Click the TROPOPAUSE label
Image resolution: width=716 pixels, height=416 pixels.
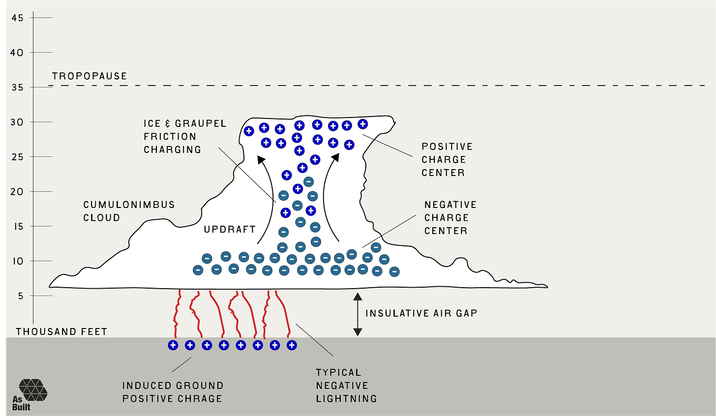89,76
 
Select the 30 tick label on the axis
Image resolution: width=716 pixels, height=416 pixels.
17,122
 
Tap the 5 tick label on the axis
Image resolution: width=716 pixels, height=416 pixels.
21,296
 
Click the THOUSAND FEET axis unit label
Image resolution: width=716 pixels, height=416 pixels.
61,332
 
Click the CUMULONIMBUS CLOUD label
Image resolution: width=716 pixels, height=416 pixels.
129,211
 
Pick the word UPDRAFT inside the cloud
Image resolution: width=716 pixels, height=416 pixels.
230,229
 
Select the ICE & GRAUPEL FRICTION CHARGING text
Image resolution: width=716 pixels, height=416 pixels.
185,137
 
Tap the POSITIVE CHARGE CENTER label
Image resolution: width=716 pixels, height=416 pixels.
447,160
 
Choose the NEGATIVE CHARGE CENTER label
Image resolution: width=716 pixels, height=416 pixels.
450,217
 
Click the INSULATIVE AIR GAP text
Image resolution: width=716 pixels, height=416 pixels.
421,314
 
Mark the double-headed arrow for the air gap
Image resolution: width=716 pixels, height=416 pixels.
358,314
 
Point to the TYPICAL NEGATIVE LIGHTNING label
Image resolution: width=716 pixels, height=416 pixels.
346,386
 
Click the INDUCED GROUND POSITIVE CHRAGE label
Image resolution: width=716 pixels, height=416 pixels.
173,392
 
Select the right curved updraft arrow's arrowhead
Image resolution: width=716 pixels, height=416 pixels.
336,157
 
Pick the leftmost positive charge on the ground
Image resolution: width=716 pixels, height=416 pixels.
173,345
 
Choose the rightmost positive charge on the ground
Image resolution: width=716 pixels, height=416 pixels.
292,345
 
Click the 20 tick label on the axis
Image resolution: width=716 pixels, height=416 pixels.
17,192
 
